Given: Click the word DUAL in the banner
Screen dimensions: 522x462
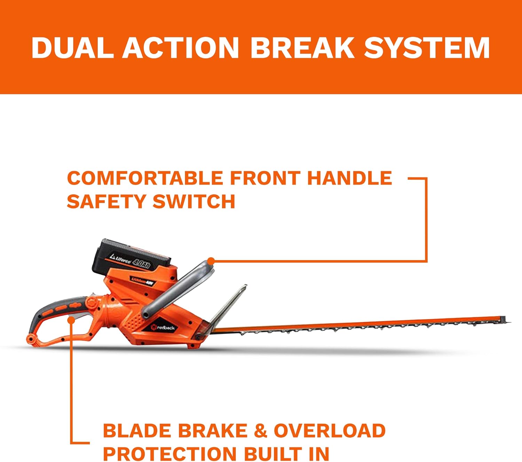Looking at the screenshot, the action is [x=72, y=48].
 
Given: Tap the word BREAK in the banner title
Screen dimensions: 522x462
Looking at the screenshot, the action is [x=302, y=48].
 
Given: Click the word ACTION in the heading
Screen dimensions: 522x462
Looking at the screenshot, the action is [x=181, y=48].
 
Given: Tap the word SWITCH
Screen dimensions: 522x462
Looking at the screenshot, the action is [x=193, y=201].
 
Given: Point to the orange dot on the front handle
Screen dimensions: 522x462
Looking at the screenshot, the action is [x=211, y=261].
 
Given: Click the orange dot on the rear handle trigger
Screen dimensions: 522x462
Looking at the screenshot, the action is [x=71, y=320].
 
